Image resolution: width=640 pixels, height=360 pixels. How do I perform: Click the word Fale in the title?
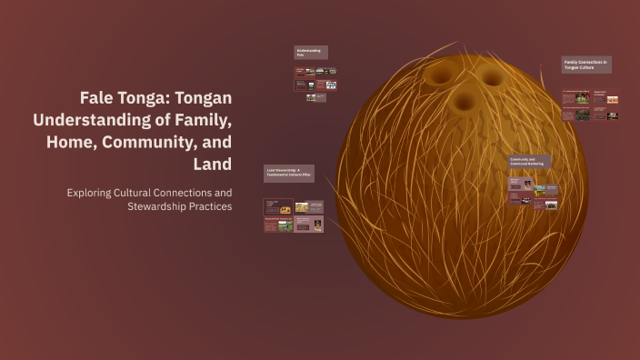pos(98,98)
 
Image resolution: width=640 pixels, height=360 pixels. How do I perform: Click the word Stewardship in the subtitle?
pos(160,206)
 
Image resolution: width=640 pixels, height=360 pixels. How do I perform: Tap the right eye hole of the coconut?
pos(491,77)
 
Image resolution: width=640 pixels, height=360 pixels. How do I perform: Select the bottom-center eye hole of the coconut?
pos(464,102)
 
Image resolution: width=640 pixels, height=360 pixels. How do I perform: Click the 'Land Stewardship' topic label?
pos(289,173)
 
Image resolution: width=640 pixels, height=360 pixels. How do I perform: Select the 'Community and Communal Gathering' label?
pos(529,162)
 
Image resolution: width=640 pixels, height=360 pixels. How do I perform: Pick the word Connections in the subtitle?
pos(203,193)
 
